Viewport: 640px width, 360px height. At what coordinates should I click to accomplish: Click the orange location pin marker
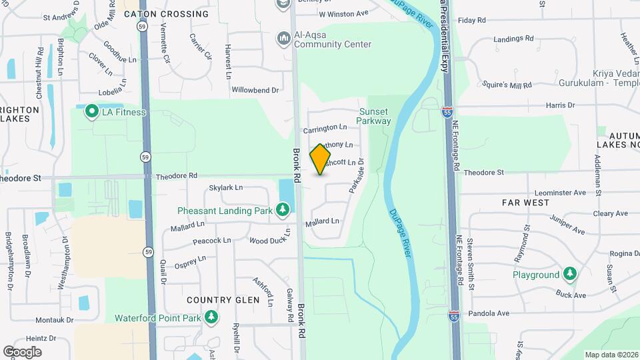(321, 159)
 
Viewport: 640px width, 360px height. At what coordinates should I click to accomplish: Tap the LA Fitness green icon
(90, 112)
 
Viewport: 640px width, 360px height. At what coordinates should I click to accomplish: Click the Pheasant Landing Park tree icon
(283, 211)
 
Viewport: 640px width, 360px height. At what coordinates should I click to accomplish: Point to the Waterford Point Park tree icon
(211, 317)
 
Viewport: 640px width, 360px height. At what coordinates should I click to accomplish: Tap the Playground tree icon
(569, 274)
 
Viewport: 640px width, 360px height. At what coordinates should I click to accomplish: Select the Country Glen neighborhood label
(223, 300)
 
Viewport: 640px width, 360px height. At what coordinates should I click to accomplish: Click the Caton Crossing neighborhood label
(166, 14)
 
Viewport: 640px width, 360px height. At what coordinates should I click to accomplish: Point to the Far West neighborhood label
(526, 202)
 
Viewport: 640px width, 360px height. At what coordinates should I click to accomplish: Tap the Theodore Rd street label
(177, 176)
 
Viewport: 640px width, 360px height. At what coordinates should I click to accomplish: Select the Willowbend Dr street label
(255, 90)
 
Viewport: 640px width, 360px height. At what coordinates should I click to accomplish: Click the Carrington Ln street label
(325, 127)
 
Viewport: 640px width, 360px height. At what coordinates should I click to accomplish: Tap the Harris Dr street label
(560, 105)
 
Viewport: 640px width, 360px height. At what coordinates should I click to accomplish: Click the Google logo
(22, 351)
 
